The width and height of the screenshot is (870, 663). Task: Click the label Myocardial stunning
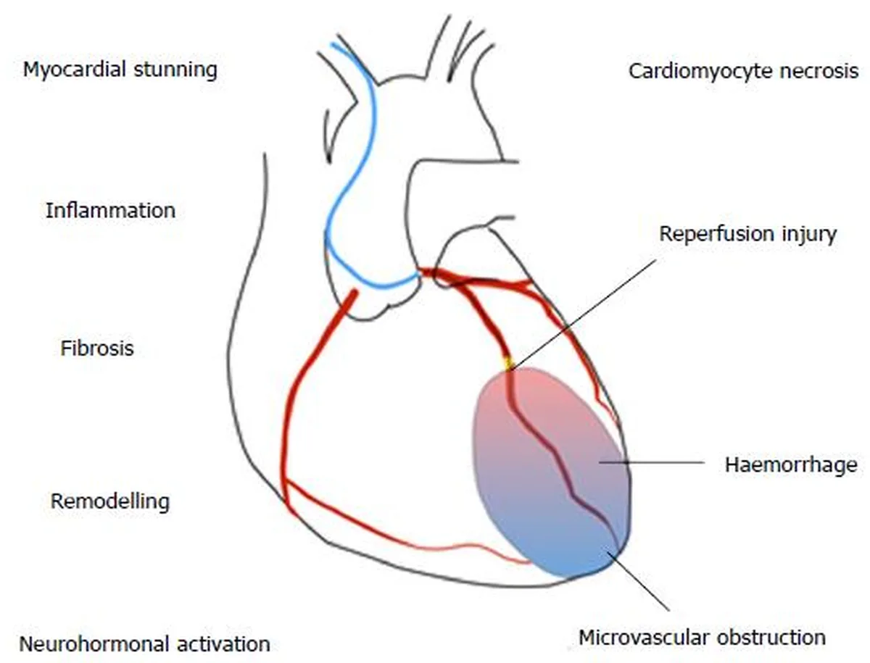coord(120,70)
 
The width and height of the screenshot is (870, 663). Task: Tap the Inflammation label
coord(111,210)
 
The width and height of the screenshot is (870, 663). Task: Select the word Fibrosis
coord(97,349)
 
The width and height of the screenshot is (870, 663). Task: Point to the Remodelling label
coord(110,501)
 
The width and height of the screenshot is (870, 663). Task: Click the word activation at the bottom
coord(224,644)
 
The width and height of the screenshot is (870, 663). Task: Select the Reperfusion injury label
coord(748,235)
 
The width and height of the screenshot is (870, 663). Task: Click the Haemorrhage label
coord(791,464)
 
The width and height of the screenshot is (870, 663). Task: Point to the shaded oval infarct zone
coord(551,472)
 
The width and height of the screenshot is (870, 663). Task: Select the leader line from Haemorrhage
coord(651,462)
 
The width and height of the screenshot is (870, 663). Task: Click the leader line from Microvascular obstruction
coord(639,580)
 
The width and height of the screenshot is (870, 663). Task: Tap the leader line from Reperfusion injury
coord(583,315)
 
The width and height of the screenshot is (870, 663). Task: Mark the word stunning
coord(175,70)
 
